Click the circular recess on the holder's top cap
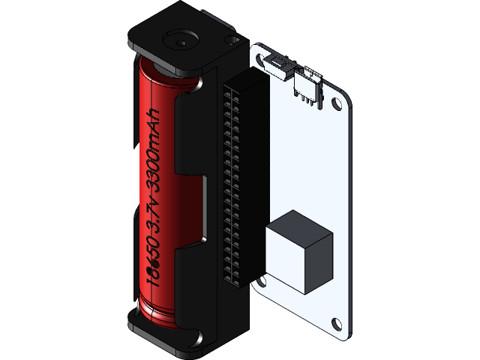click(x=179, y=42)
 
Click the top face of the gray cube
click(x=299, y=225)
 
